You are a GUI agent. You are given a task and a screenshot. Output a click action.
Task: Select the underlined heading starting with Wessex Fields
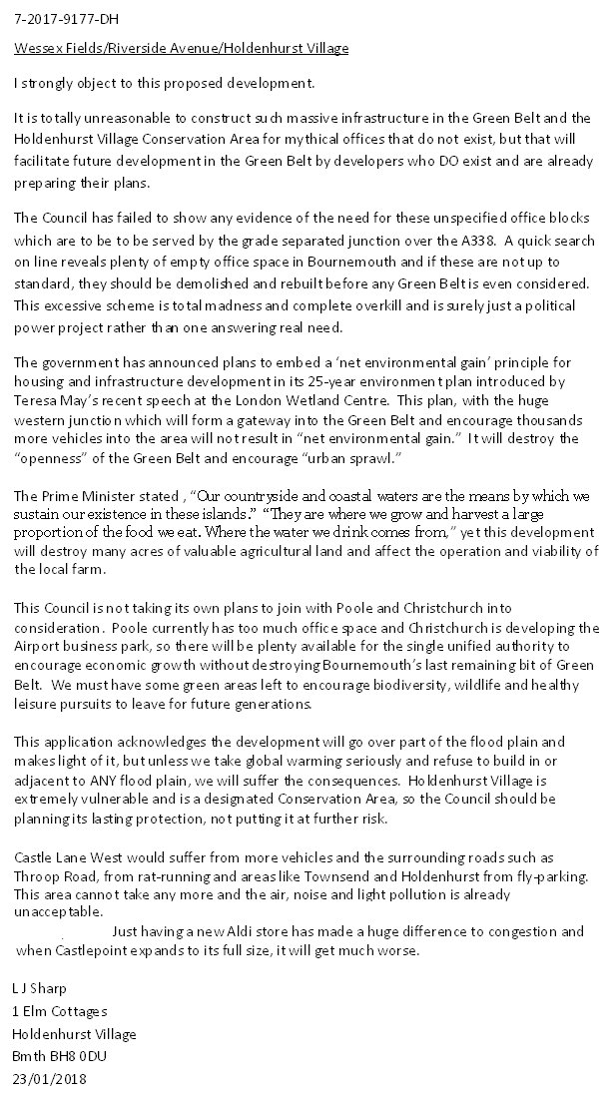[182, 48]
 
